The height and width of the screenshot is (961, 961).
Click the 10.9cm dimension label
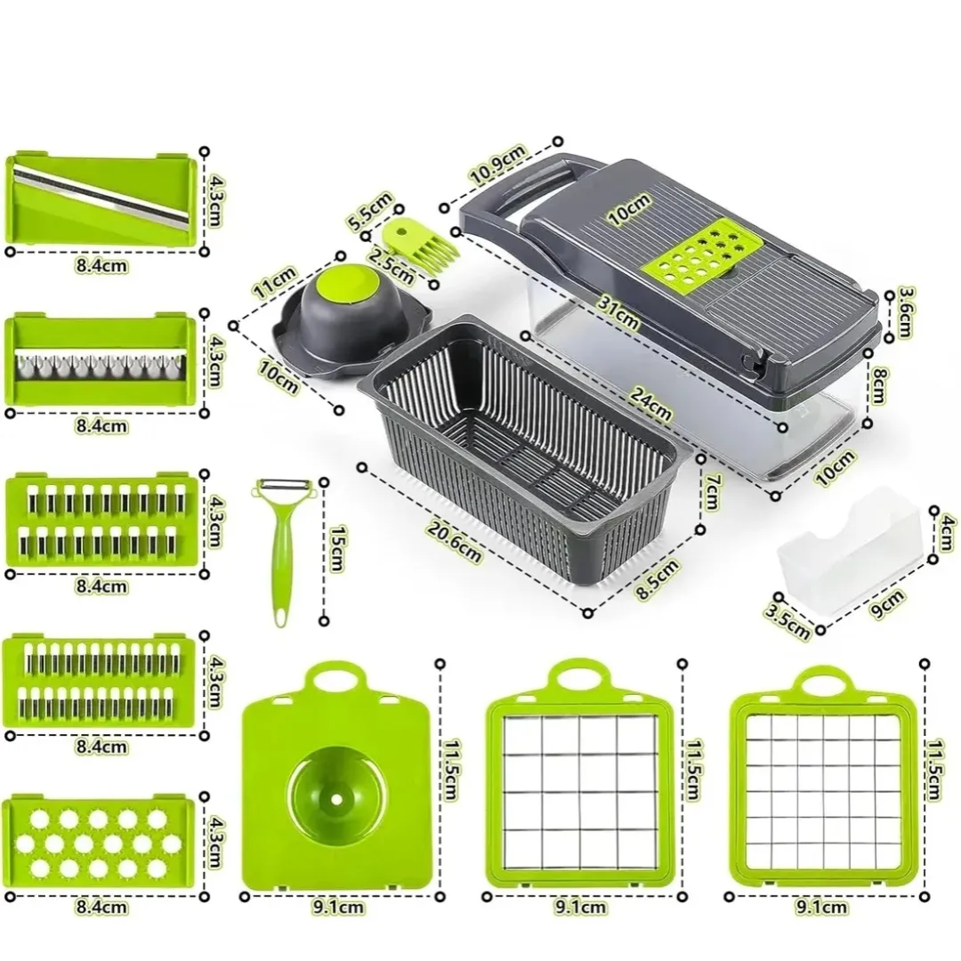pyautogui.click(x=497, y=165)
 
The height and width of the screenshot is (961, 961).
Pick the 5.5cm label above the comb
pyautogui.click(x=369, y=212)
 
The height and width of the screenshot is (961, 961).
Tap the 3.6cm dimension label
pyautogui.click(x=905, y=311)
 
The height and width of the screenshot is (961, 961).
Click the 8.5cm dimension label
pyautogui.click(x=658, y=580)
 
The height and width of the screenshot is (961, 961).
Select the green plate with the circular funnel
pyautogui.click(x=339, y=777)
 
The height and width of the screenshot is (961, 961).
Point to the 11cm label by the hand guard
pyautogui.click(x=275, y=281)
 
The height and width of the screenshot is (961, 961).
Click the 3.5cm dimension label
pyautogui.click(x=788, y=620)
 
